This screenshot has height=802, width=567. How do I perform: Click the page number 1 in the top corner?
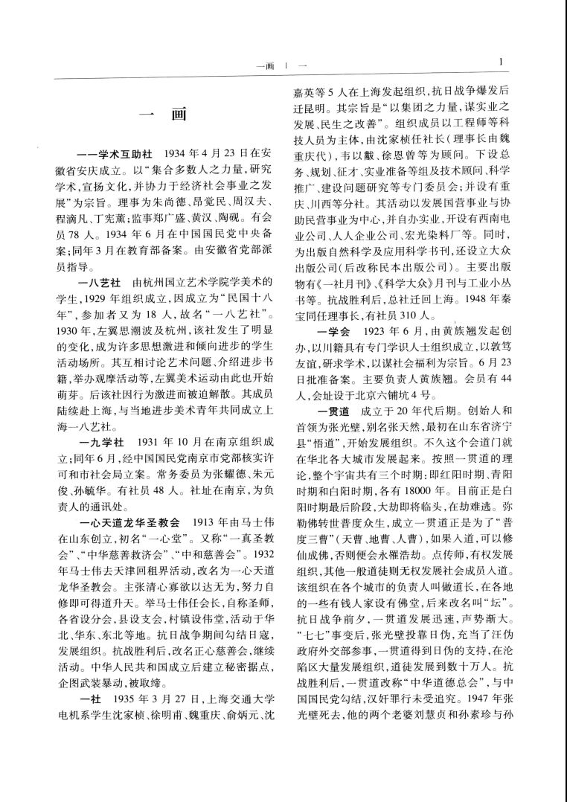502,62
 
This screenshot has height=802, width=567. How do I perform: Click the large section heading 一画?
161,115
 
